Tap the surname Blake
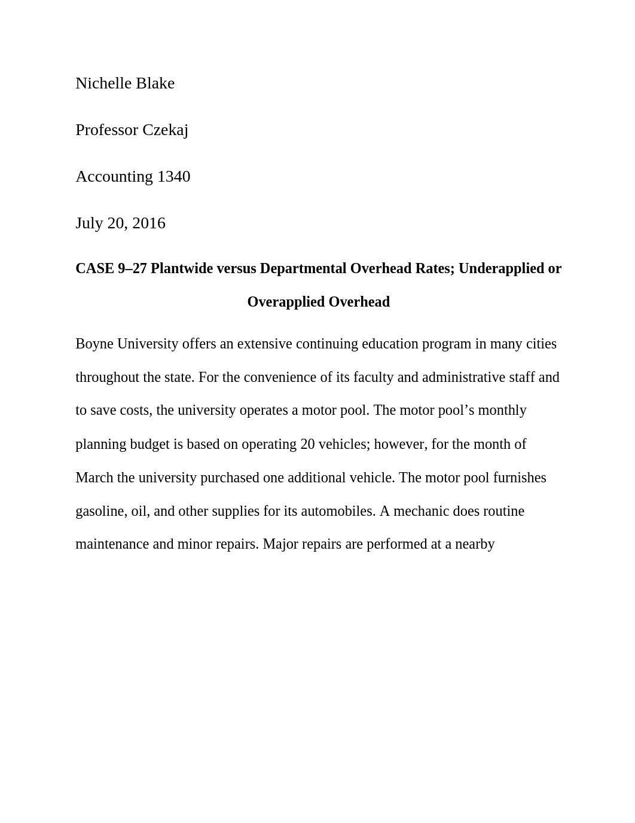pos(158,83)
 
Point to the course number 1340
pos(173,176)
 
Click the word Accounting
pos(114,177)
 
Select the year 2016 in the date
pos(149,223)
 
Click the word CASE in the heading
pos(93,269)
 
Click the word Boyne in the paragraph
pos(94,344)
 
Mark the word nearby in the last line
pos(475,544)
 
